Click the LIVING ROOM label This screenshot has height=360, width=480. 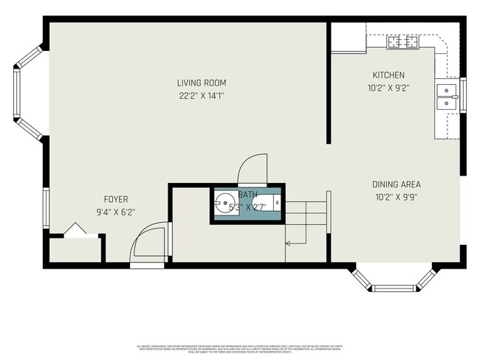pos(202,83)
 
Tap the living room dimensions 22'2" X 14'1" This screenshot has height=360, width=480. pos(202,95)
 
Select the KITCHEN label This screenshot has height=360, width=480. pos(388,75)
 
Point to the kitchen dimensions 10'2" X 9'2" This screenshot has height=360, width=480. pos(388,87)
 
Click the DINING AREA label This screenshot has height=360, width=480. pos(397,184)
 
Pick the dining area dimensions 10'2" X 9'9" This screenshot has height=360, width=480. pos(397,197)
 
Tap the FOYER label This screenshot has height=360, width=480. pos(116,199)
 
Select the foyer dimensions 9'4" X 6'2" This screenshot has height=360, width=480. pos(116,212)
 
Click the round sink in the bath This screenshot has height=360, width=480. pos(224,203)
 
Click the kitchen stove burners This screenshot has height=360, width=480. pos(403,43)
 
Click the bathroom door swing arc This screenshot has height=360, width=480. pos(250,167)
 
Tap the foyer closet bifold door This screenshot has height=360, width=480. pos(75,230)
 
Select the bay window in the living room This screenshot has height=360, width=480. pos(27,92)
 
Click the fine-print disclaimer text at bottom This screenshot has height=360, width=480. pos(239,347)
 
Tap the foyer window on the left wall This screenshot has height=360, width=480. pos(46,208)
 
